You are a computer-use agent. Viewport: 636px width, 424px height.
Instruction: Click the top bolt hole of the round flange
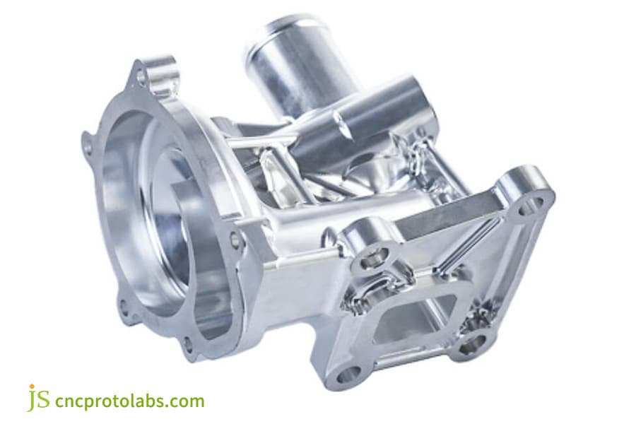143,73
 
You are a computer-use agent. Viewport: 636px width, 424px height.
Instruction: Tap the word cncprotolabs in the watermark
117,401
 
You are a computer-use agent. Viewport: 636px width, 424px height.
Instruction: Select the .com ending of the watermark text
187,401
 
